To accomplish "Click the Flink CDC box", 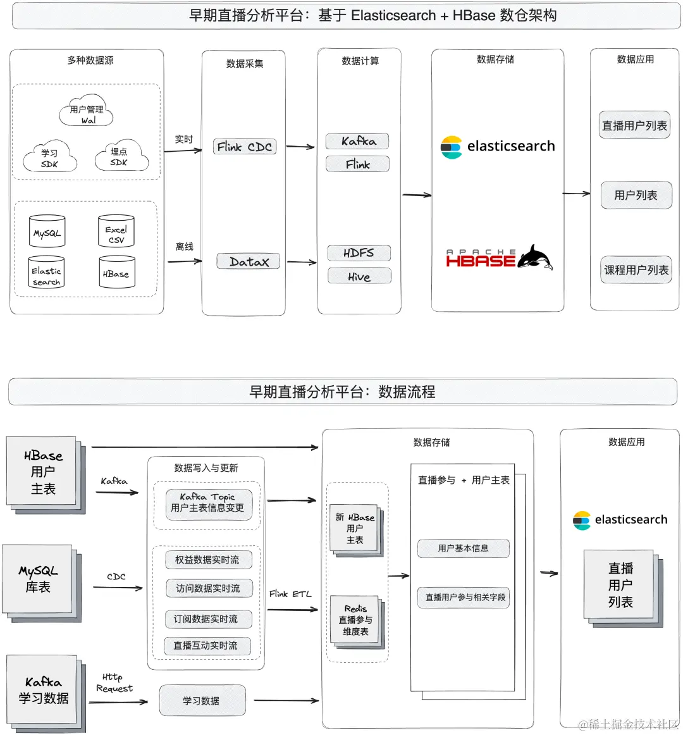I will click(245, 147).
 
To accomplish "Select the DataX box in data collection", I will click(249, 261).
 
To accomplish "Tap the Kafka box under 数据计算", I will click(357, 141).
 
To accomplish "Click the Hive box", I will click(359, 276).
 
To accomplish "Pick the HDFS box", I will click(359, 253).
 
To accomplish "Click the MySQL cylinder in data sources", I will click(47, 233).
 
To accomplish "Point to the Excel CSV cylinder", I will click(116, 233).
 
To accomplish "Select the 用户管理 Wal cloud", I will click(87, 113).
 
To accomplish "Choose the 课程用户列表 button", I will click(636, 270).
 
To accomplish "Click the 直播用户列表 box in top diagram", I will click(634, 125).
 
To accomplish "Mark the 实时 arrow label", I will click(184, 139).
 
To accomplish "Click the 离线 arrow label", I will click(184, 246).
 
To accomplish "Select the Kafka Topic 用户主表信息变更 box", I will click(208, 503).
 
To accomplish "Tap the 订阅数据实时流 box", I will click(206, 619).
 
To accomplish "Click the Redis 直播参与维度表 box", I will click(355, 620).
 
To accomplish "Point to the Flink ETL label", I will click(290, 593).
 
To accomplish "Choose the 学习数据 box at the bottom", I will click(202, 700).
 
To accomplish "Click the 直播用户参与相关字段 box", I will click(465, 597).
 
